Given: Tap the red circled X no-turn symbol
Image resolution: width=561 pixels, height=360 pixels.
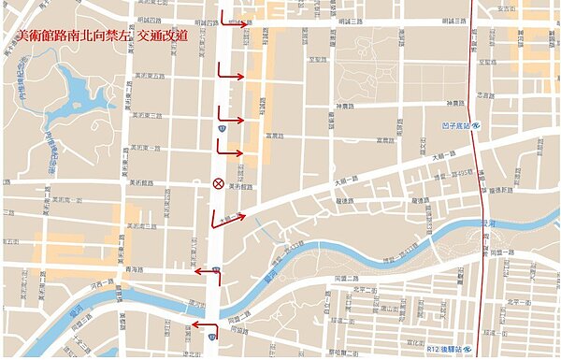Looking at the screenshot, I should click(x=218, y=183).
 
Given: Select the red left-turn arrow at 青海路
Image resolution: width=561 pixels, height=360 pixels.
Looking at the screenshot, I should click(x=205, y=272).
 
